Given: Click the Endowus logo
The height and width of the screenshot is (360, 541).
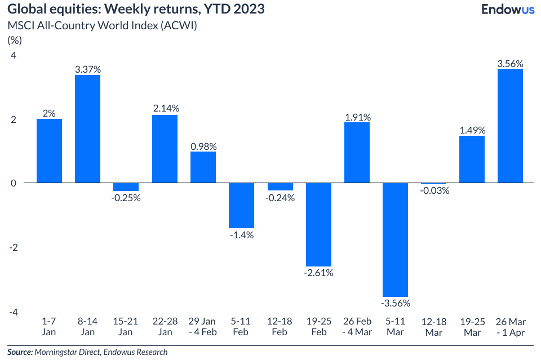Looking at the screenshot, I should (508, 10).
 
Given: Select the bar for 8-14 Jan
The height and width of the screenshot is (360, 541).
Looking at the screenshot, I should (88, 128).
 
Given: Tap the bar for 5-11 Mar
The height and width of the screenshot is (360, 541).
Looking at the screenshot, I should (395, 239).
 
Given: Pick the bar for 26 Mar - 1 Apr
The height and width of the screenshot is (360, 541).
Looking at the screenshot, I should (510, 126).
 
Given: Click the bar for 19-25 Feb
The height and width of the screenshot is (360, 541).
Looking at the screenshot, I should (318, 224).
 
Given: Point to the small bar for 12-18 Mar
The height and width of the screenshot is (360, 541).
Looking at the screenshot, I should (433, 184).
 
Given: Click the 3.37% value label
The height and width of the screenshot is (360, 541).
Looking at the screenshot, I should (88, 69).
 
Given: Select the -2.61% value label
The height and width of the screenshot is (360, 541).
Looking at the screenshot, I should (318, 273).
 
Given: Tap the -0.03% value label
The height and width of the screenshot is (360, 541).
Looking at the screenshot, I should (433, 190).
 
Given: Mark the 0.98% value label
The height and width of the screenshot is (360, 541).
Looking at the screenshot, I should (203, 146).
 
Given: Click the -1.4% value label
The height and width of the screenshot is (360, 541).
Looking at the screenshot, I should (241, 234).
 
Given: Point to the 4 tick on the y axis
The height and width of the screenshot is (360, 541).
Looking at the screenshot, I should (14, 55).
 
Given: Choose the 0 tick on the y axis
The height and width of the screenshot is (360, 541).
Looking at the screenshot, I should (14, 183).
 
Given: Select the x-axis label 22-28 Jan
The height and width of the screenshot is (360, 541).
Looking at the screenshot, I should (165, 326).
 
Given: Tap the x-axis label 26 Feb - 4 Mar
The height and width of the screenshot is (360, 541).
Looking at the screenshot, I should (357, 326).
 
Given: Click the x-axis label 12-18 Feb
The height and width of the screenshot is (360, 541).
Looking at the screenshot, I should (280, 326).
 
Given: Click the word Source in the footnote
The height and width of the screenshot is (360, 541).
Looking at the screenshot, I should (20, 352).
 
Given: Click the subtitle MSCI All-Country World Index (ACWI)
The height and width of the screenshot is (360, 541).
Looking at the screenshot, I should (101, 26).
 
